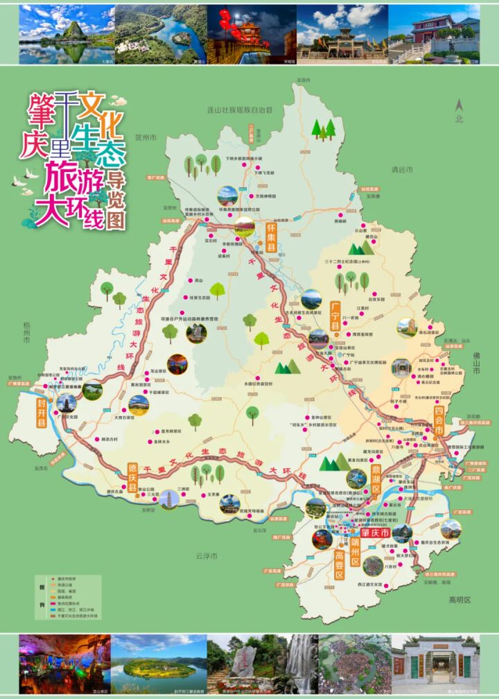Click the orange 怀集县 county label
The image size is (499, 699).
click(272, 236)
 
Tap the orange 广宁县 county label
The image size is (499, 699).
click(334, 316)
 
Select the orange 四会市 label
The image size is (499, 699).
click(438, 422)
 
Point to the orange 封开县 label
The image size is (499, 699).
click(42, 411)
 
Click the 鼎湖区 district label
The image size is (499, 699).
click(377, 479)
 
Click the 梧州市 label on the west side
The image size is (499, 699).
click(26, 333)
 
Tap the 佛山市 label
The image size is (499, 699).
click(477, 363)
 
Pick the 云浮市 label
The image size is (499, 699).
click(205, 556)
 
